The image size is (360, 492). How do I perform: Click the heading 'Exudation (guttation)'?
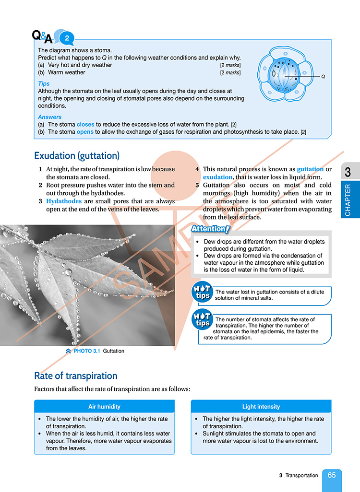77,156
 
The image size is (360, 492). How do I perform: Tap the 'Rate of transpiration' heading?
76,375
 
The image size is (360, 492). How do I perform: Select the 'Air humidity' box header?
104,407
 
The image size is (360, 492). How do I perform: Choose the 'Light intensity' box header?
261,407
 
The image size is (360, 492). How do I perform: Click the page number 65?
332,475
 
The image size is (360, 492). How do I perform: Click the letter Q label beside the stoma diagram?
323,76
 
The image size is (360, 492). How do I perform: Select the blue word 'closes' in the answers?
85,124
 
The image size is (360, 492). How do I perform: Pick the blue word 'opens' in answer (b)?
85,132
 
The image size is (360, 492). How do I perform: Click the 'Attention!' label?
211,229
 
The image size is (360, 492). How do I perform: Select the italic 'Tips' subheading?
44,83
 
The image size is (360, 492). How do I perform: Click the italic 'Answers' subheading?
49,117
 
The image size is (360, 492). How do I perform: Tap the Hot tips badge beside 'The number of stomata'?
202,320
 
